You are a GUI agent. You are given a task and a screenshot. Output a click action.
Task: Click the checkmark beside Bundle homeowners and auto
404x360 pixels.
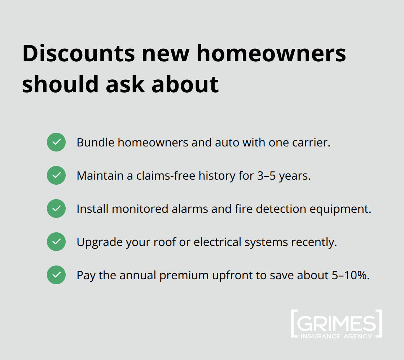[56, 142]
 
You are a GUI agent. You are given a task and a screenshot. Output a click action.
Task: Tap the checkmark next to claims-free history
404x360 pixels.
[56, 175]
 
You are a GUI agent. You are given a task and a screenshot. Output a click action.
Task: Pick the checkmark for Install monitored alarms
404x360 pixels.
[56, 208]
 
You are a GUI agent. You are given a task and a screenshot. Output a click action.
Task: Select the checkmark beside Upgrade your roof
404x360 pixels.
[56, 242]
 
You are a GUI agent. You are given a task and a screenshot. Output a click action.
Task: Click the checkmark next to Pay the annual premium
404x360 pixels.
[56, 275]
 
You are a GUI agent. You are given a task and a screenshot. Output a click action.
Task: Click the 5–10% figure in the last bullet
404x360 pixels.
[350, 275]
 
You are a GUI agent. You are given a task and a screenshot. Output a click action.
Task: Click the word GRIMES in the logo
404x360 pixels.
[336, 324]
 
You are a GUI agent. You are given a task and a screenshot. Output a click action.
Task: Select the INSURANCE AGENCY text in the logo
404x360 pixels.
[336, 336]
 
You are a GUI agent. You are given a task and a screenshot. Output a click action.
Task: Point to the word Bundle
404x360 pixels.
[95, 142]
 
